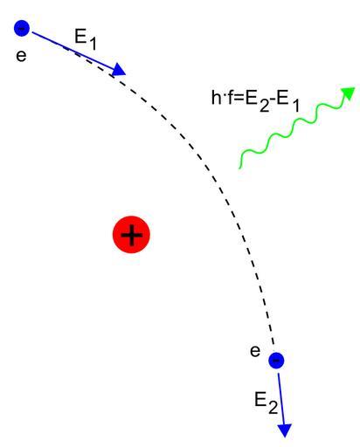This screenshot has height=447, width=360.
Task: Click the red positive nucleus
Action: click(131, 235)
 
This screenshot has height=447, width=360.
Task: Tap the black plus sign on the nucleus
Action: click(132, 235)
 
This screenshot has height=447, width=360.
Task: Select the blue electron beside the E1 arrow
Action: click(22, 28)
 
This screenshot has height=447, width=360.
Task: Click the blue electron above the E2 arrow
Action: click(276, 361)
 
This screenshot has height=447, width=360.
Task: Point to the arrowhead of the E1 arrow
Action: click(119, 70)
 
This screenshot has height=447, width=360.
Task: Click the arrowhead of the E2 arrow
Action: click(285, 430)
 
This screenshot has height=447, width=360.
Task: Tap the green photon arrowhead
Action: click(349, 93)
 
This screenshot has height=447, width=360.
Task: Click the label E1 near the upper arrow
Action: click(85, 40)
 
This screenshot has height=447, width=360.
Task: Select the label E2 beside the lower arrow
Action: click(266, 402)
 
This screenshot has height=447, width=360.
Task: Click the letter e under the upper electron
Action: click(21, 55)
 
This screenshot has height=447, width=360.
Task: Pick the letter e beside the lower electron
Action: click(255, 351)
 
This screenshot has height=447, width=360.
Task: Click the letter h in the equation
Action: click(216, 97)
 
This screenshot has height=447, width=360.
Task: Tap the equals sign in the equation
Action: click(239, 99)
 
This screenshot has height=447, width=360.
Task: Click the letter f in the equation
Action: click(230, 97)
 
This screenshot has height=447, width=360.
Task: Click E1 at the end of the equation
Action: click(288, 100)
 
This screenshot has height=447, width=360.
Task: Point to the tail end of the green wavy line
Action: click(239, 168)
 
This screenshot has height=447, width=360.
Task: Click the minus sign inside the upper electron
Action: click(22, 28)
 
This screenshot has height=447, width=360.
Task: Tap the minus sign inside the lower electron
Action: click(276, 361)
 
